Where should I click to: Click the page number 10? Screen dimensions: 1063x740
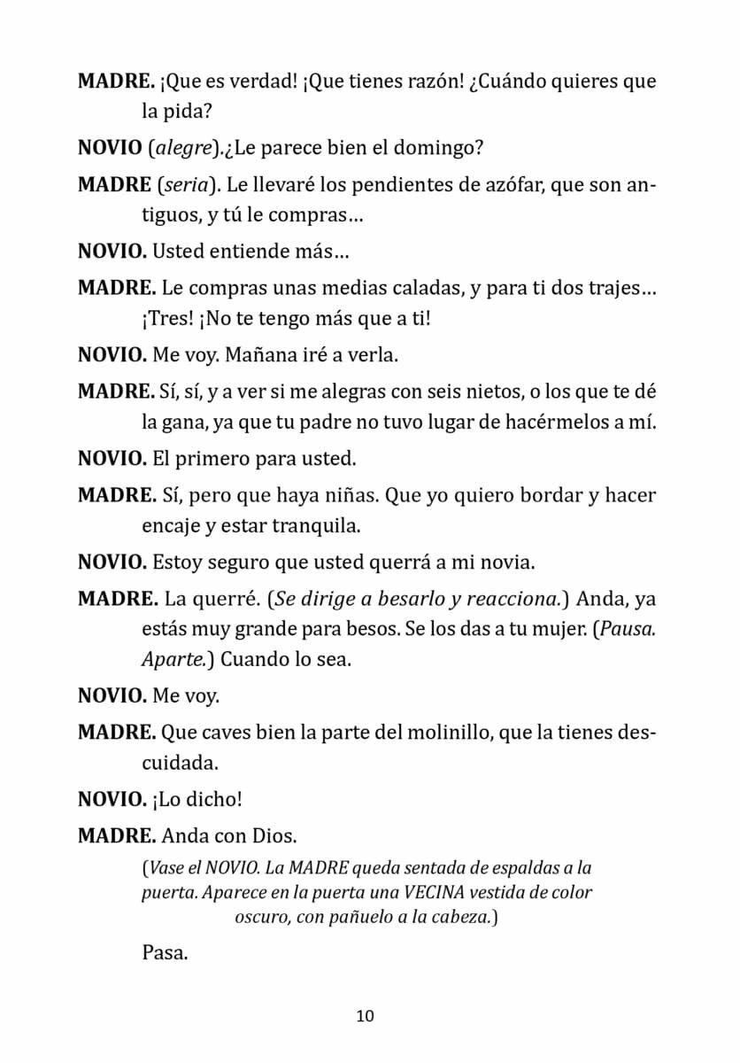(x=366, y=1015)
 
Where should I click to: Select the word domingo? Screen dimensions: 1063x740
(x=444, y=148)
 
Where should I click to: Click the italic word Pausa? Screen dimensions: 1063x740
(x=627, y=630)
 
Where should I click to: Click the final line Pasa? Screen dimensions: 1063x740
(x=165, y=955)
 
